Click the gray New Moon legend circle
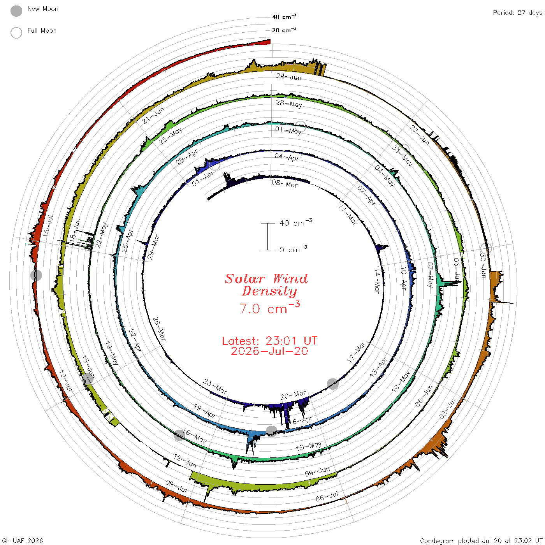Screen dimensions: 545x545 (x=16, y=11)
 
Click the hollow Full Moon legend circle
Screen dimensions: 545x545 (x=16, y=33)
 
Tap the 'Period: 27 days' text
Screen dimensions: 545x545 (x=517, y=13)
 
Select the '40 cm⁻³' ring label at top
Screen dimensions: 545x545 (x=284, y=17)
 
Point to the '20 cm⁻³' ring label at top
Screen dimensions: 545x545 (x=284, y=30)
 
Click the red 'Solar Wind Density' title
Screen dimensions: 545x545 (x=266, y=285)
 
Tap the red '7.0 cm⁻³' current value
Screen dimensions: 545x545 (x=269, y=308)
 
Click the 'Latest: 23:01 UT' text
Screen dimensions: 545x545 (x=269, y=341)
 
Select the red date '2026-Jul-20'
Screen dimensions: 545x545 (x=269, y=351)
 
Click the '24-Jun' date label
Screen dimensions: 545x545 (x=289, y=77)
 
